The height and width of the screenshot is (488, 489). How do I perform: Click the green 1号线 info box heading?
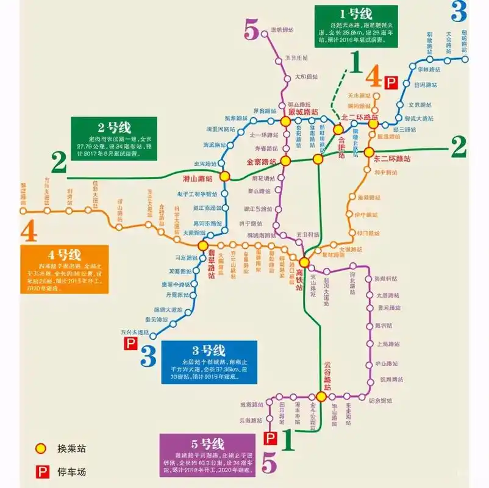click(356, 13)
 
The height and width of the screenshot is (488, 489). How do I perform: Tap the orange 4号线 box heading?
click(65, 254)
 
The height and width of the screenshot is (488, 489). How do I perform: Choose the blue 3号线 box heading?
click(209, 351)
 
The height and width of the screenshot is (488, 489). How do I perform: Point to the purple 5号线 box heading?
click(208, 443)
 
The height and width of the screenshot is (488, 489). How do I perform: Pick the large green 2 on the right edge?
click(459, 146)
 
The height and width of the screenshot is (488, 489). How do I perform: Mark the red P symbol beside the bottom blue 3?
click(130, 345)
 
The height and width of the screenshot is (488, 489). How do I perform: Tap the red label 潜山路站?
click(198, 178)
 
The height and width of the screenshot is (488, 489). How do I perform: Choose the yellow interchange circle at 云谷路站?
click(321, 396)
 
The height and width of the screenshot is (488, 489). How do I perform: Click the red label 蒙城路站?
click(303, 112)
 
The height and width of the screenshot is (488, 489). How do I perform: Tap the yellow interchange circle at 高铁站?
click(304, 262)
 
